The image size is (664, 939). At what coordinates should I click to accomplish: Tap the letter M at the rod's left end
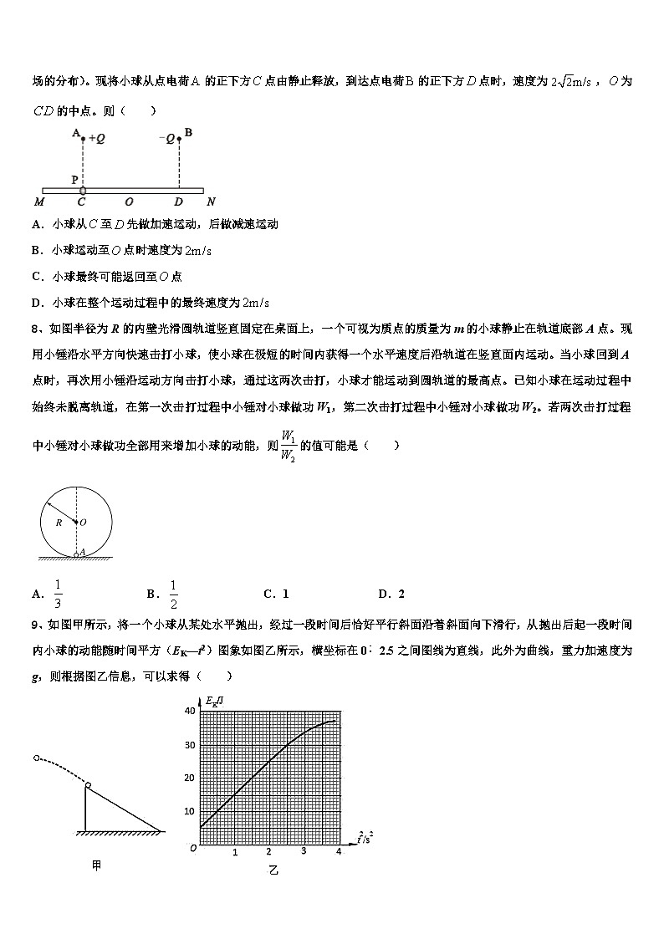point(39,202)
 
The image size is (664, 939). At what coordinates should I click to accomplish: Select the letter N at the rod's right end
point(211,202)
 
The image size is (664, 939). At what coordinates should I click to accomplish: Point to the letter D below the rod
point(178,202)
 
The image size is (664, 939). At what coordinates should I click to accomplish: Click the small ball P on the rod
point(82,191)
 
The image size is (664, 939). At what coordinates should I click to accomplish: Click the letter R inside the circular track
point(59,522)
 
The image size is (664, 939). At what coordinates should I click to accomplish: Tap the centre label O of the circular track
point(83,522)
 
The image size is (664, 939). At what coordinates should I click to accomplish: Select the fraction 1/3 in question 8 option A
point(58,593)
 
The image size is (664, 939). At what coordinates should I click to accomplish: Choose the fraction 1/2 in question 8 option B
point(174,593)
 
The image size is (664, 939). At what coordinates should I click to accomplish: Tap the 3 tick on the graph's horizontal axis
point(304,851)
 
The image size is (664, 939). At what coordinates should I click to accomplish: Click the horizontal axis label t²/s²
point(363,837)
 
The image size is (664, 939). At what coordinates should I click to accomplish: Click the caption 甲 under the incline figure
point(97,866)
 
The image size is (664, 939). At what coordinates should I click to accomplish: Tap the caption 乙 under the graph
point(272,870)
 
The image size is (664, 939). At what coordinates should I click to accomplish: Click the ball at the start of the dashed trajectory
point(36,758)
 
